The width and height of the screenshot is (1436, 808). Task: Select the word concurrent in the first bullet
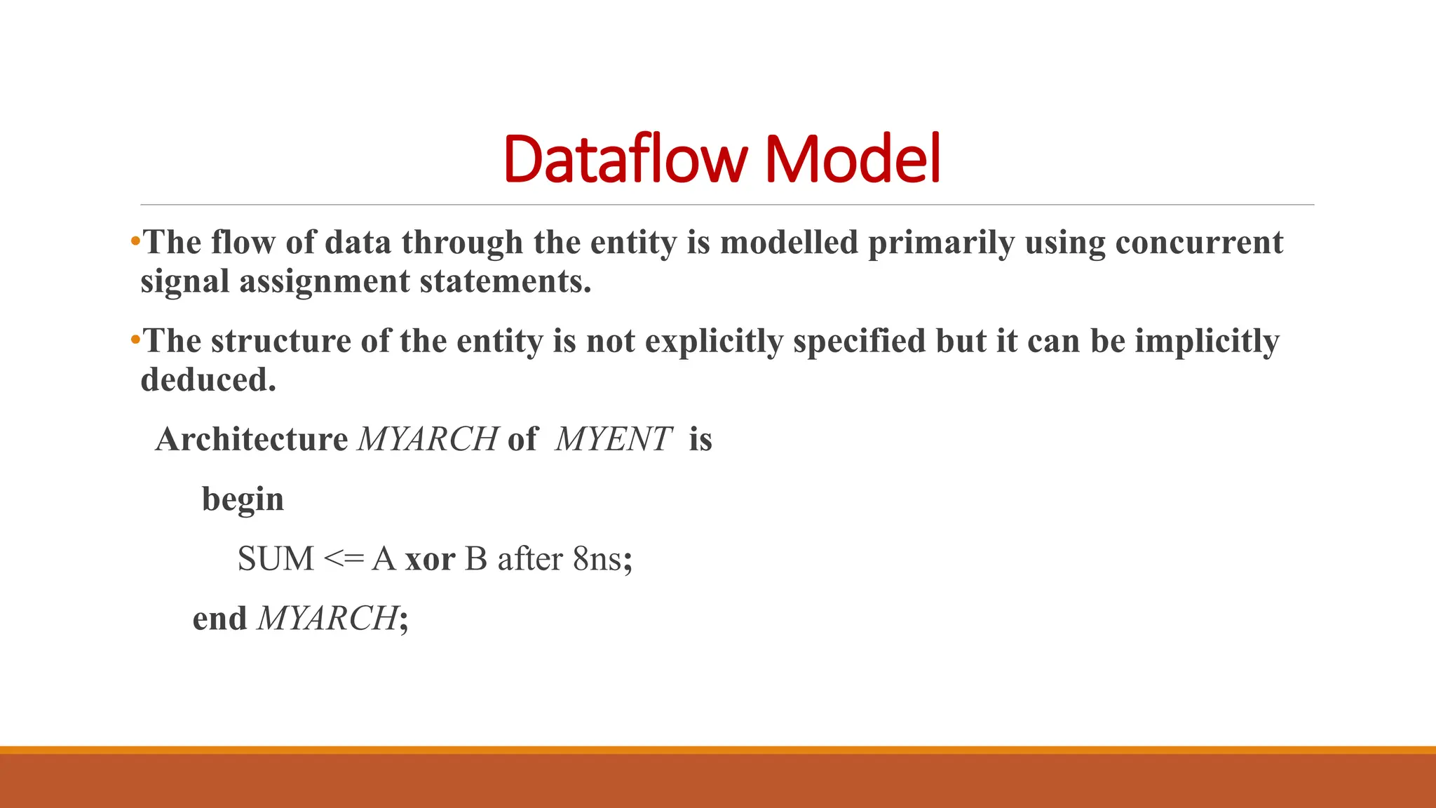coord(1199,243)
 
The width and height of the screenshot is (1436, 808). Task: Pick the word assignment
coord(324,282)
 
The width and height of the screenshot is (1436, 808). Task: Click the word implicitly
coord(1207,342)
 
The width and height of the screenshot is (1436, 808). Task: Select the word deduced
coord(208,380)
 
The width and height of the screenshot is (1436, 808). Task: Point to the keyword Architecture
coord(252,440)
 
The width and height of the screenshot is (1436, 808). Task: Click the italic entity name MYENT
coord(614,440)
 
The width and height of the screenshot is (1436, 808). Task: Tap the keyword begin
coord(243,500)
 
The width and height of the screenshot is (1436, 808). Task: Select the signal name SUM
coord(276,559)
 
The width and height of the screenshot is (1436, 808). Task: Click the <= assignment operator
coord(344,559)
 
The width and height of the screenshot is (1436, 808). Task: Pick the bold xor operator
coord(430,560)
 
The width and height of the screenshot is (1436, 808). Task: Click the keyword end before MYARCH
coord(219,619)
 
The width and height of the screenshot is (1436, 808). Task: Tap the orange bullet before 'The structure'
coord(135,341)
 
